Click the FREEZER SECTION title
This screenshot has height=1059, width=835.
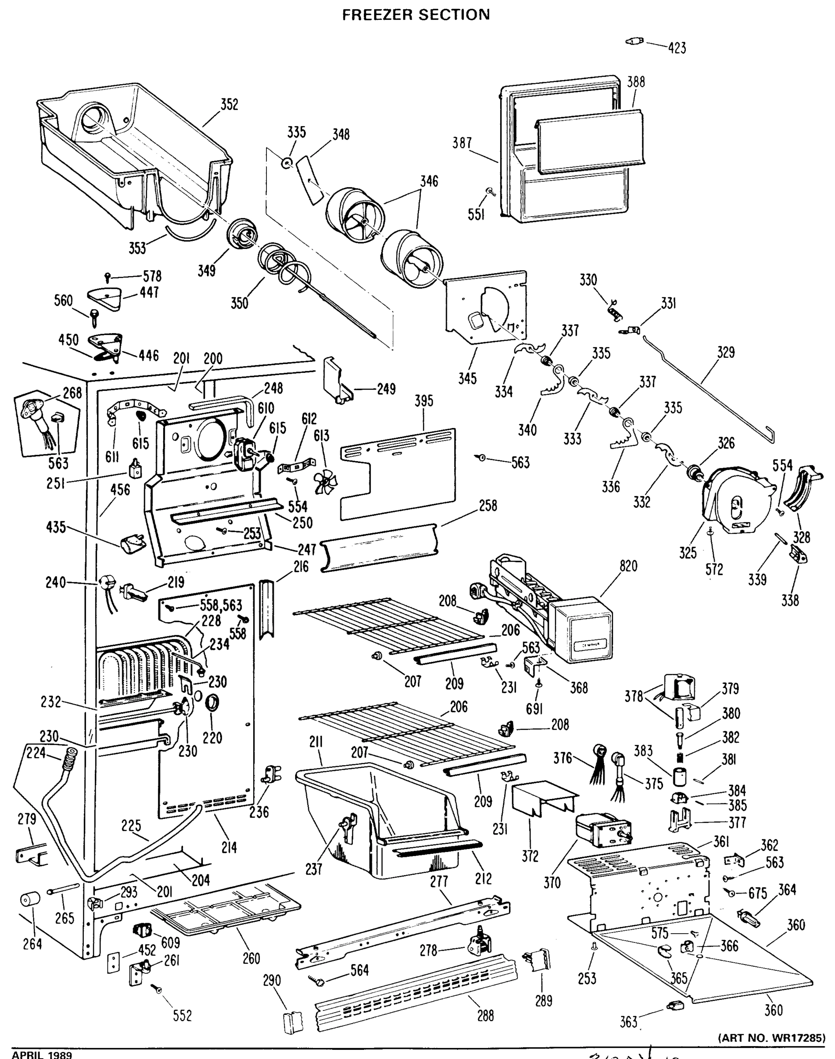[416, 15]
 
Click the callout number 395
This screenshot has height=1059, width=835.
[424, 401]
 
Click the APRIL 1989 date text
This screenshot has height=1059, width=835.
[41, 1054]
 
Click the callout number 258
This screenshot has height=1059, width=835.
[487, 506]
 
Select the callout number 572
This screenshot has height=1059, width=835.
[714, 570]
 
